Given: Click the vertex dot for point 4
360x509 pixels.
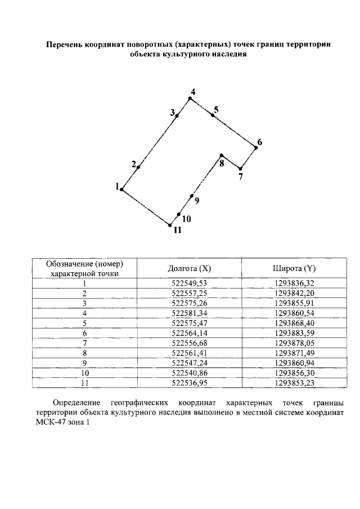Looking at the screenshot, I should pyautogui.click(x=190, y=98).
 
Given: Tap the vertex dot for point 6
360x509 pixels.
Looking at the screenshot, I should pyautogui.click(x=256, y=147).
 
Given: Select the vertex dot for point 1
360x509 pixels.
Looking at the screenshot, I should pyautogui.click(x=121, y=190).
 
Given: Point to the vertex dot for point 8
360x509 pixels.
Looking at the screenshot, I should pyautogui.click(x=222, y=155).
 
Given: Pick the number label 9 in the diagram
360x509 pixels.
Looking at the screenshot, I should pyautogui.click(x=196, y=200).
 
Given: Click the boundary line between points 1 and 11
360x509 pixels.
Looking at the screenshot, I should pyautogui.click(x=146, y=208).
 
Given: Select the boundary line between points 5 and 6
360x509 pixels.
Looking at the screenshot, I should pyautogui.click(x=235, y=131).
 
